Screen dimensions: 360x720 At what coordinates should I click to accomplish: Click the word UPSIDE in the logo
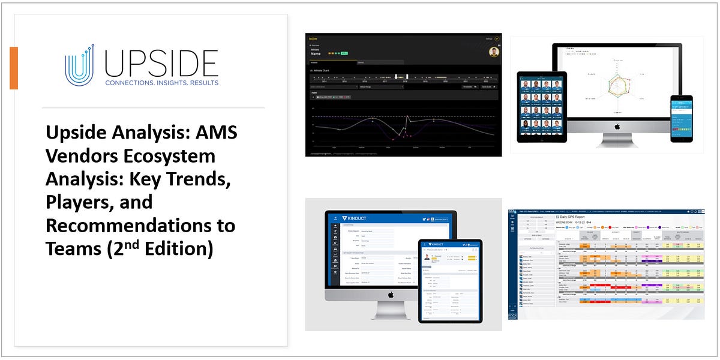click(161, 63)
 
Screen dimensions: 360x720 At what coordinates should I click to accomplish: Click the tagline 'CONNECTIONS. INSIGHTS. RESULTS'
click(161, 83)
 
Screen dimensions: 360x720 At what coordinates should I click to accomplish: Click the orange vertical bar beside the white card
click(14, 68)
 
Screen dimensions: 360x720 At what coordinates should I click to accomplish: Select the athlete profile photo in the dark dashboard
click(494, 52)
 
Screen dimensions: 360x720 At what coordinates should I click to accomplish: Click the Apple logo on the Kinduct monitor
click(390, 294)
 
